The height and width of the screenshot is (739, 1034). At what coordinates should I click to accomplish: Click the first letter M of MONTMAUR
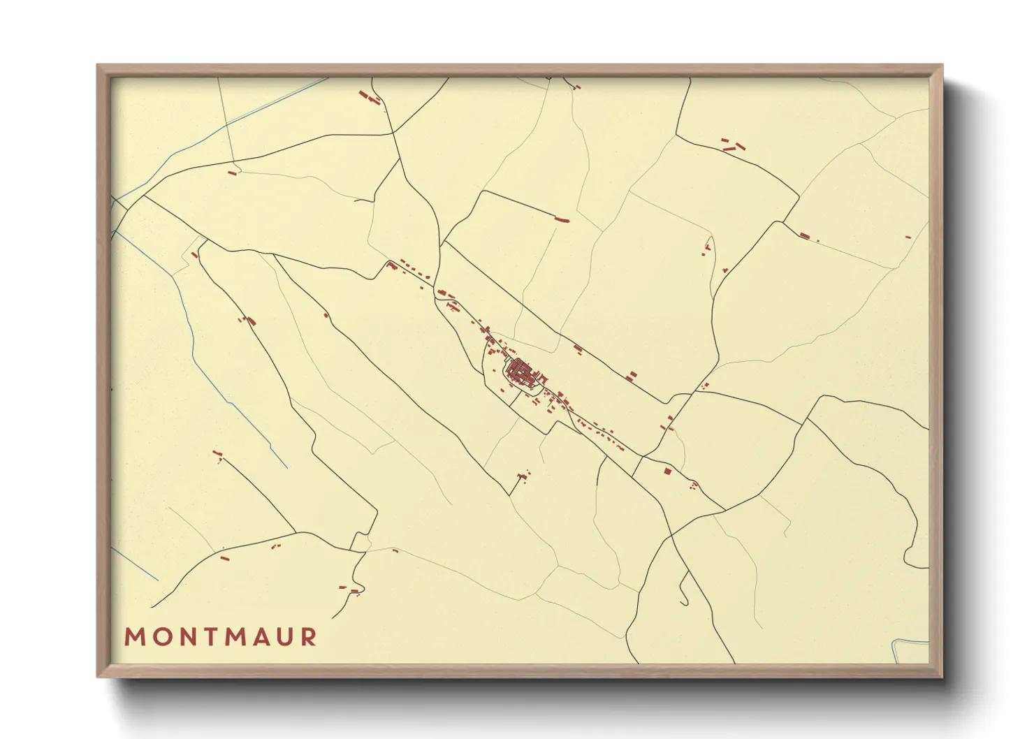[133, 637]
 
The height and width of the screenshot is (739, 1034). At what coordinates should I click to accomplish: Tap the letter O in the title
[160, 637]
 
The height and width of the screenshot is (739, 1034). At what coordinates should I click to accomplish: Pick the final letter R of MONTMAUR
[308, 637]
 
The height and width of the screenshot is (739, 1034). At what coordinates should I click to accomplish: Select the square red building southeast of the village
[667, 471]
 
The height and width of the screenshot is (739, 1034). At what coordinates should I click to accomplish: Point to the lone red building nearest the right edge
[908, 237]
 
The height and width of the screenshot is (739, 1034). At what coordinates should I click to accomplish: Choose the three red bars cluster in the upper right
[733, 146]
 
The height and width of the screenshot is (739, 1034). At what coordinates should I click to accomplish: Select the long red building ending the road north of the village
[562, 220]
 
